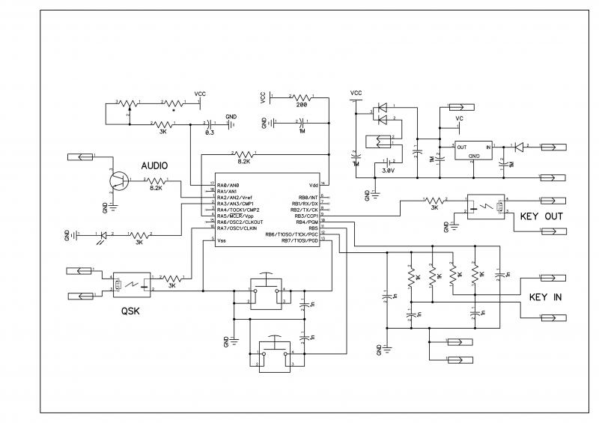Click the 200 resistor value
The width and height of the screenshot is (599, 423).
coord(301,106)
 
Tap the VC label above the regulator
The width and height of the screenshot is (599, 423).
coord(459,118)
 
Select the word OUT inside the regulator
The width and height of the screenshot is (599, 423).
coord(463,147)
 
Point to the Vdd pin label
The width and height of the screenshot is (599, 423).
coord(314,185)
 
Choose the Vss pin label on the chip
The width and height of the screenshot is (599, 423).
coord(221,241)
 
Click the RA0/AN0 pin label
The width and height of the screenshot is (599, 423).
coord(228,185)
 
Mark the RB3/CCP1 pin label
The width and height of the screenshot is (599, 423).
coord(308,216)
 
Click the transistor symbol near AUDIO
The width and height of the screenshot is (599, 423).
coord(118,180)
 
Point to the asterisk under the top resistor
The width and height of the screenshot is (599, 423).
coord(174,109)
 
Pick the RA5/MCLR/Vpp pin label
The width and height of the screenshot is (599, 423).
coord(234,216)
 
